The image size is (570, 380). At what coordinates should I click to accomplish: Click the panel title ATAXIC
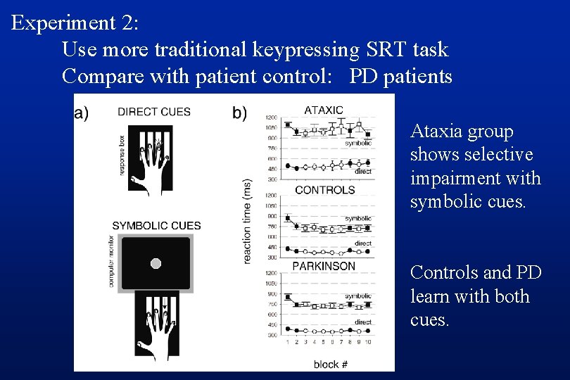tap(324, 110)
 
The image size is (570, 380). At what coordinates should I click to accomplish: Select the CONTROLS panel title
tap(324, 190)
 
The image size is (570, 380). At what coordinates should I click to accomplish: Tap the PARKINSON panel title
tap(324, 266)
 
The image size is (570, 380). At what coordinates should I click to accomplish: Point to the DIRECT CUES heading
tap(154, 112)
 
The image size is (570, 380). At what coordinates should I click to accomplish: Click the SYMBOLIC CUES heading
tap(156, 226)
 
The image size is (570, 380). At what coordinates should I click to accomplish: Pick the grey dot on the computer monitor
tap(156, 263)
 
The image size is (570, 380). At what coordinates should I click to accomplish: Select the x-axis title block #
tap(331, 364)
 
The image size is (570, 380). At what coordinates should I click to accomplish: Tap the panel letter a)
tap(82, 113)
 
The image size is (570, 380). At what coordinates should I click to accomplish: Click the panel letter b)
tap(240, 113)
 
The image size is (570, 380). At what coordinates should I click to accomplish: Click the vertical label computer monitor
tap(111, 264)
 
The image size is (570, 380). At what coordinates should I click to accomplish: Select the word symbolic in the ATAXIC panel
tap(358, 144)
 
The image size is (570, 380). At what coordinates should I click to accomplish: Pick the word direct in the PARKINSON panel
tap(363, 322)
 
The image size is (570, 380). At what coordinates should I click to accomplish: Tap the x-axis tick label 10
tap(367, 343)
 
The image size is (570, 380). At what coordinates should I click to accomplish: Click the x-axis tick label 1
tap(287, 343)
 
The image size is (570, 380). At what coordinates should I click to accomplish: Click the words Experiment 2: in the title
tap(75, 23)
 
